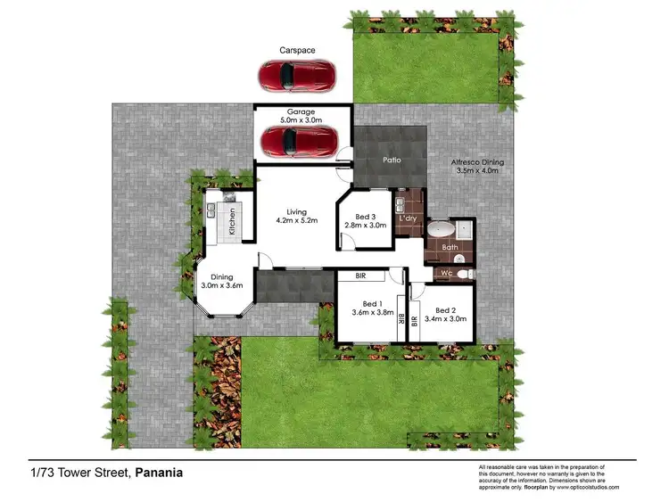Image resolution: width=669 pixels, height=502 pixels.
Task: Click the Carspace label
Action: click(x=298, y=51)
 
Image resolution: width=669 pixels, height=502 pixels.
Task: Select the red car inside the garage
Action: click(x=298, y=140)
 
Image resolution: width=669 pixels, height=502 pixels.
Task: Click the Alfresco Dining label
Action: click(x=480, y=166)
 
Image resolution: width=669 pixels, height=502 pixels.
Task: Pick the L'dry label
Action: click(x=409, y=218)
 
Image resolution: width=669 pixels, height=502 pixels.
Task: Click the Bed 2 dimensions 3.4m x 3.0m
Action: click(x=445, y=317)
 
